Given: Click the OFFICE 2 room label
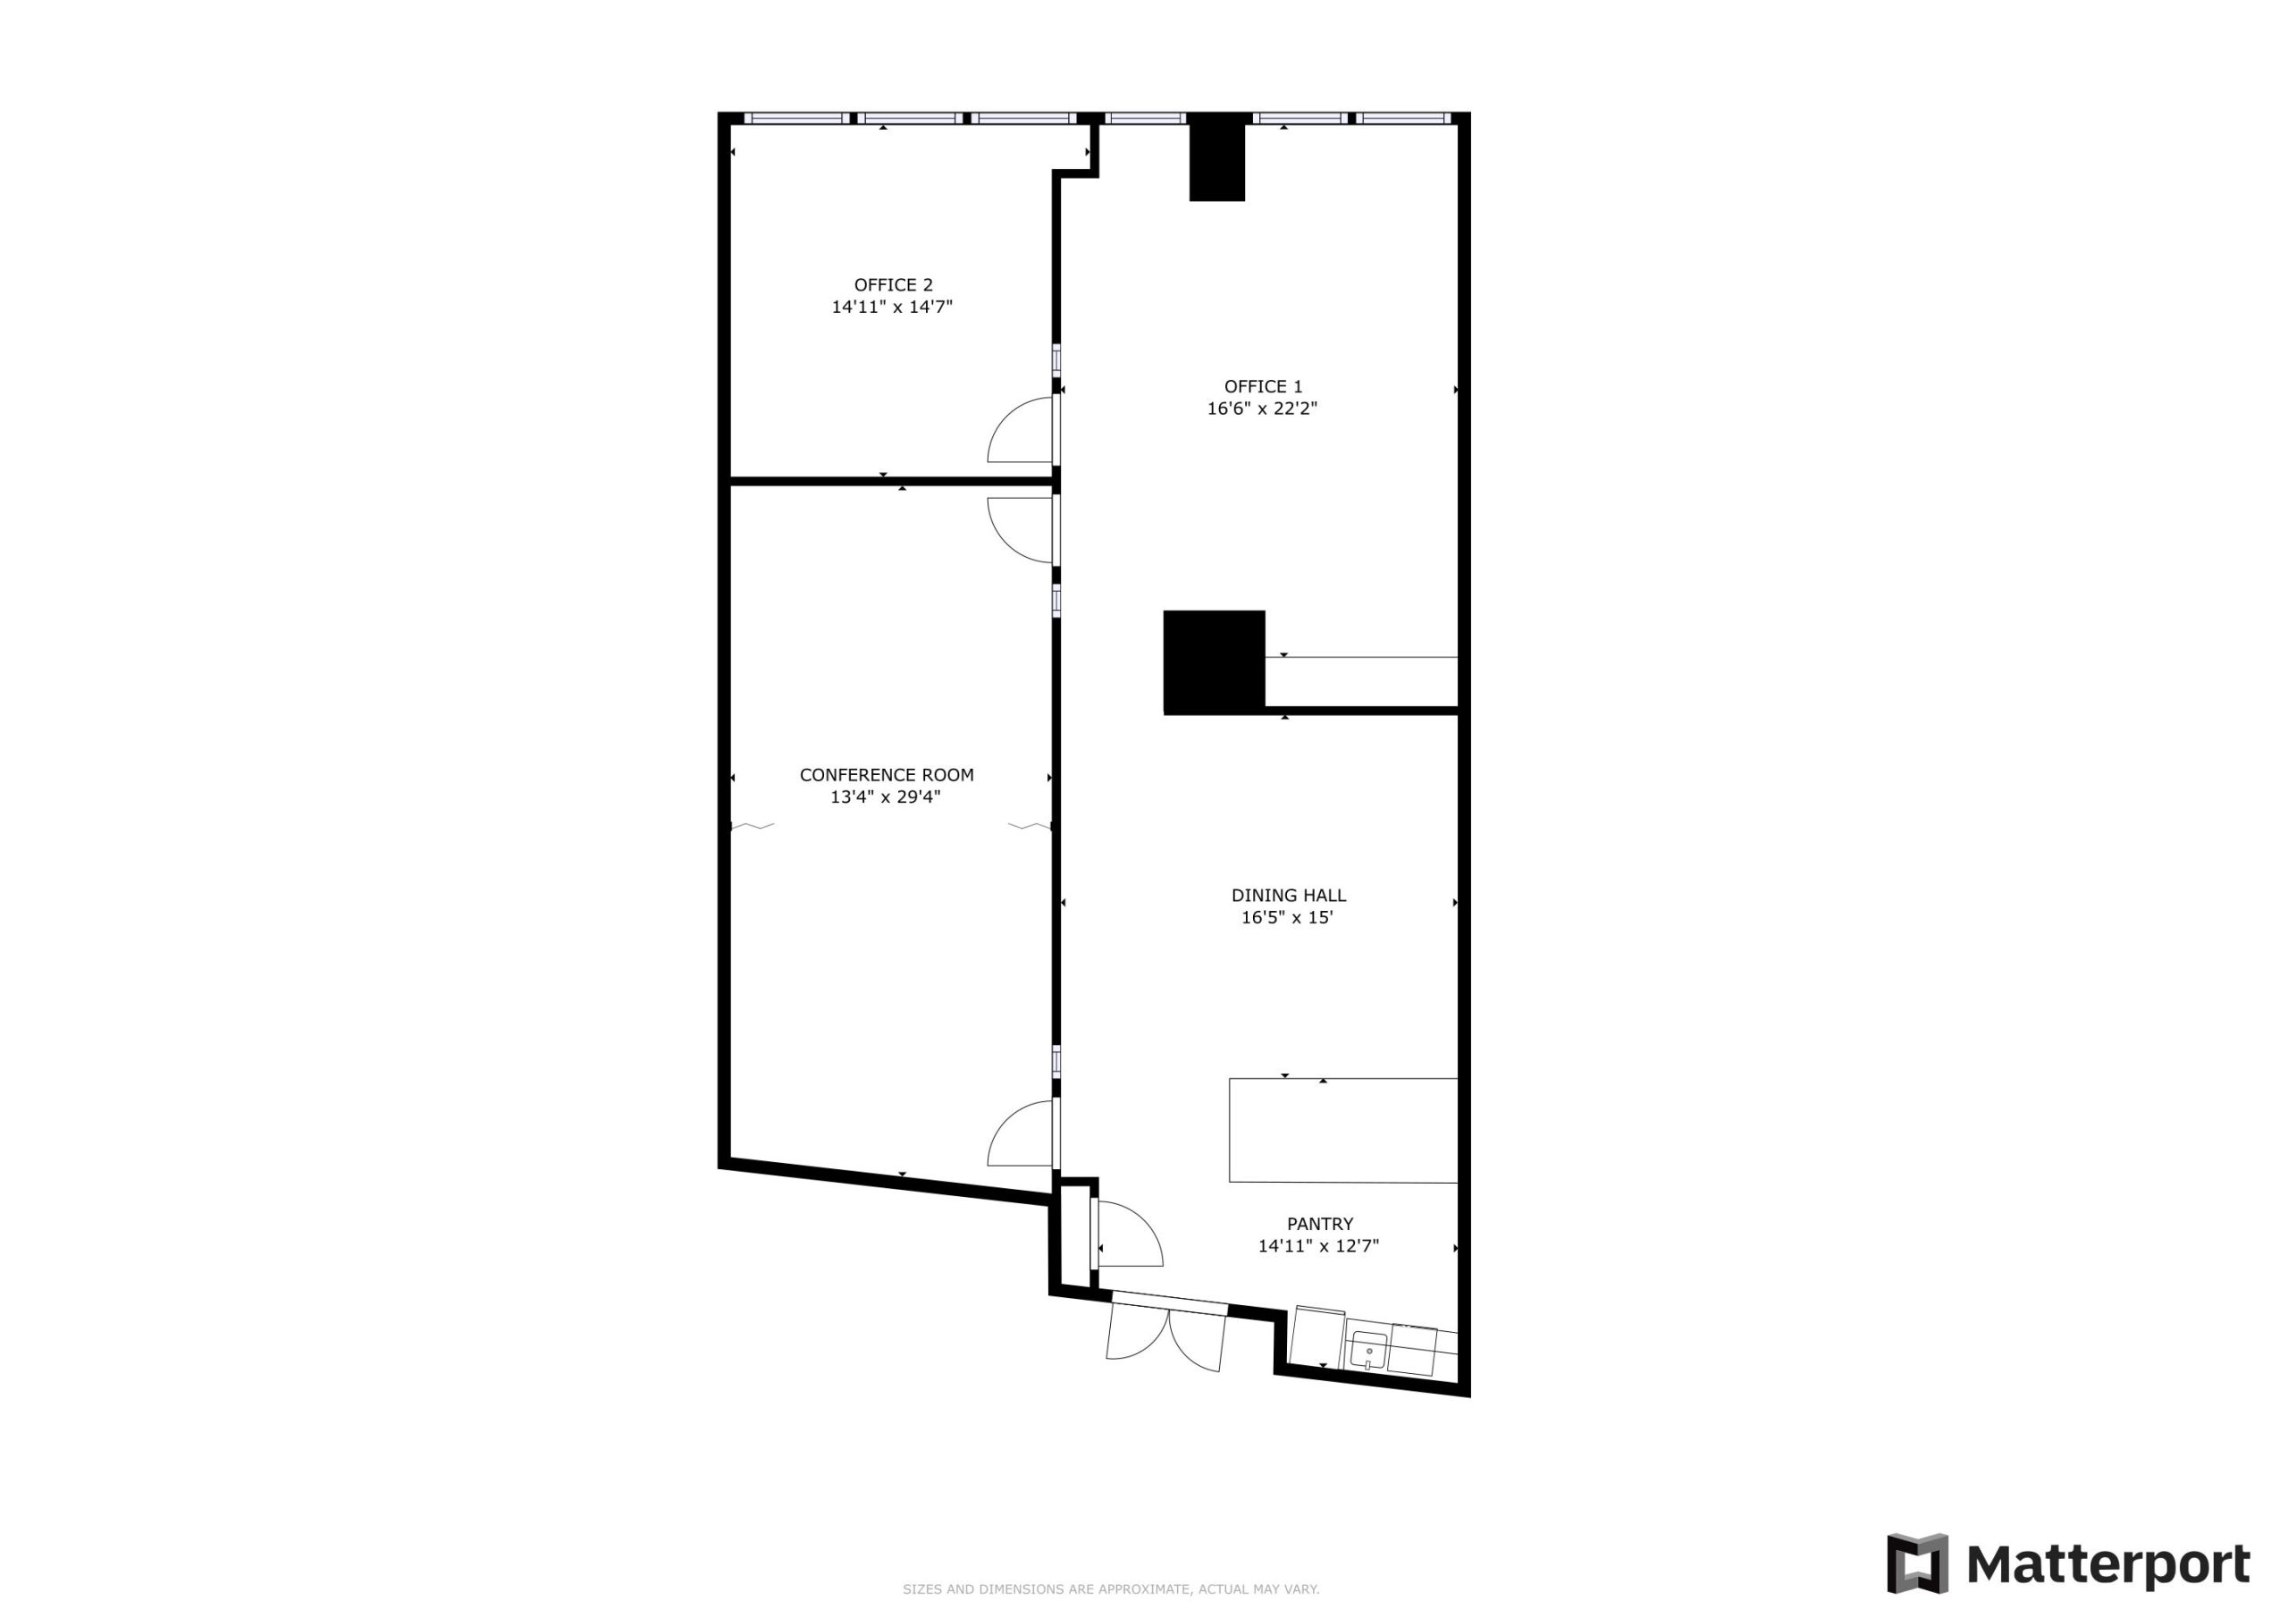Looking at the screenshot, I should point(893,285).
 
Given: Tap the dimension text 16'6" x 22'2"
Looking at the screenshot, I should point(1262,409).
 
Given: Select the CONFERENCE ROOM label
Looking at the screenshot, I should point(886,775).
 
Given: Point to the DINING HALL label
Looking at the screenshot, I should point(1288,895).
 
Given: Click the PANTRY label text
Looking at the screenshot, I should point(1319,1223).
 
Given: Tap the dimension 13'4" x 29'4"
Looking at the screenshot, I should point(885,797).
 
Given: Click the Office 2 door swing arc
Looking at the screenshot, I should point(1016,431).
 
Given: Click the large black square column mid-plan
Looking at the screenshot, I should point(1214,662).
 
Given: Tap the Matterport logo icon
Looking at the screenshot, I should point(1916,1563).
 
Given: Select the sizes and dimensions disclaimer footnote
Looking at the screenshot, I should point(1110,1589).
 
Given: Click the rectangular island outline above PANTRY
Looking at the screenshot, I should point(1342,1130).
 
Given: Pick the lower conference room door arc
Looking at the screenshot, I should point(1016,1134).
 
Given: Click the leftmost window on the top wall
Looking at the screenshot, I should point(796,118).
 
